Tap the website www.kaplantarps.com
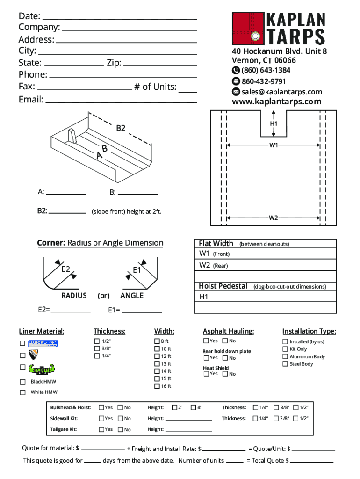pos(277,102)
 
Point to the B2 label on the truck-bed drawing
pos(121,128)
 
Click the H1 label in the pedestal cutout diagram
pos(274,123)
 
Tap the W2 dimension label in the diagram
pos(274,218)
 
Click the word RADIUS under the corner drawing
pos(74,296)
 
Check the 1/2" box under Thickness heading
pos(97,341)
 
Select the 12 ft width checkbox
pos(157,356)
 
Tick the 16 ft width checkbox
pos(157,386)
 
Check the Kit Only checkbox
pos(285,349)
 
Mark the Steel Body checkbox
pos(285,364)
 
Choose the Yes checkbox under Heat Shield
pos(206,374)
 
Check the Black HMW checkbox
pos(22,382)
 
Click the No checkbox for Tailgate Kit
pos(120,429)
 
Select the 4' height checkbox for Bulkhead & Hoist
pos(193,407)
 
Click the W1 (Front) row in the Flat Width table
pos(265,254)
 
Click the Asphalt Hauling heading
pos(228,331)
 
